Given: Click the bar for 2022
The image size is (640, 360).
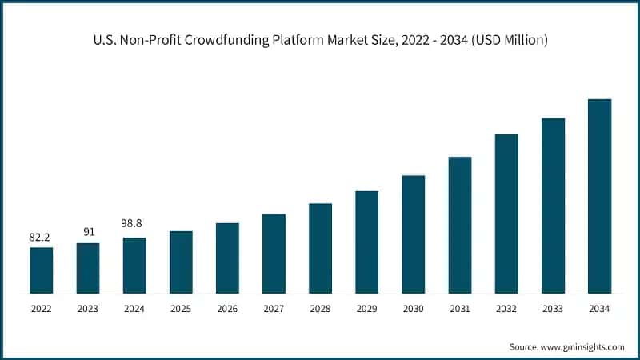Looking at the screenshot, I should [x=42, y=270].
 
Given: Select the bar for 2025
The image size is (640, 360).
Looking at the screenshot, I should [x=181, y=262].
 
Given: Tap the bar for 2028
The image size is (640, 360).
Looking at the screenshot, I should [x=320, y=248].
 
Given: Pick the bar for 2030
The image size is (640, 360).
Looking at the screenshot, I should [x=413, y=234].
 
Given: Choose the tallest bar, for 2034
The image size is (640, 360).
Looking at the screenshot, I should [x=599, y=196].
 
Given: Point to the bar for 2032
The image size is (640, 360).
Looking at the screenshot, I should [x=506, y=214].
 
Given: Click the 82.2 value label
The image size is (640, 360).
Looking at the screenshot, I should [x=42, y=238].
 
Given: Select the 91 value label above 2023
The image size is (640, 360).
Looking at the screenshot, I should [x=88, y=233].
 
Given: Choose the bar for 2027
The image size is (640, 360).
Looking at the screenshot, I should [x=274, y=254].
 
